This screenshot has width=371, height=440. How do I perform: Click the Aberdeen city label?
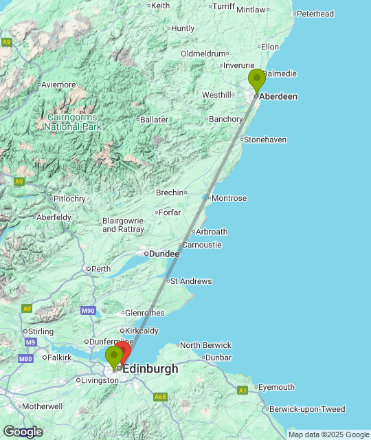[278, 97]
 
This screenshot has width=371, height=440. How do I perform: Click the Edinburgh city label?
[150, 369]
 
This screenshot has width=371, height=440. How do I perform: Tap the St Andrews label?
[191, 281]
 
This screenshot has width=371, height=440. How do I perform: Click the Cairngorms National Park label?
[72, 122]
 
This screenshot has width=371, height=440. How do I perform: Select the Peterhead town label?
[315, 14]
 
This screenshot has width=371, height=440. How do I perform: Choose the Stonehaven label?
[265, 140]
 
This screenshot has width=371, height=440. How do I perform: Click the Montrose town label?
[229, 198]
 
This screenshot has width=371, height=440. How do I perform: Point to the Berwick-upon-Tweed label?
[307, 409]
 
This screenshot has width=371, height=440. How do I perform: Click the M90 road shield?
[88, 311]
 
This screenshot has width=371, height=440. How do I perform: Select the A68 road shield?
[161, 397]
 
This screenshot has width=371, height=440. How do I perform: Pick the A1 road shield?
[243, 390]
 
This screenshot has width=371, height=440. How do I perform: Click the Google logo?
[22, 432]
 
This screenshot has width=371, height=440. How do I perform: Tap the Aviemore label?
[58, 85]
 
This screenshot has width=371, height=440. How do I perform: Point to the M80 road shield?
[26, 359]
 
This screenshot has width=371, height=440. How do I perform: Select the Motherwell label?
[42, 406]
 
